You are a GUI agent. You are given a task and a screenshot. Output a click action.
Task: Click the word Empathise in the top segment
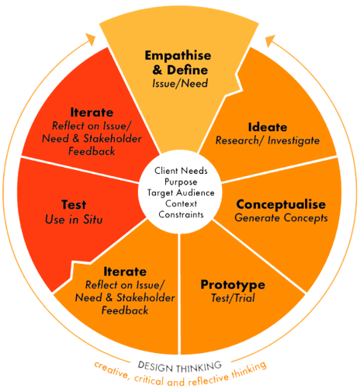178,56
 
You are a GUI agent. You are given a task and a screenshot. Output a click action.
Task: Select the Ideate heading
268,127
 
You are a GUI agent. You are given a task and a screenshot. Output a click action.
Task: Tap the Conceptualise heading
281,205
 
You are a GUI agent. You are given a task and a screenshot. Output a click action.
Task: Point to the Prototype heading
233,285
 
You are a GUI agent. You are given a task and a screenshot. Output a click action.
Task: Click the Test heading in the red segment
74,205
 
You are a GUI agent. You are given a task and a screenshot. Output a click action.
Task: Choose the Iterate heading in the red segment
92,113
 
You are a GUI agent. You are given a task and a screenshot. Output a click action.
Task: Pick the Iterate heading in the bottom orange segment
125,272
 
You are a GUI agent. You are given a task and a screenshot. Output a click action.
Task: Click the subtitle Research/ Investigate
268,140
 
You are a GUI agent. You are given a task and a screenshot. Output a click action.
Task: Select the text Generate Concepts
281,218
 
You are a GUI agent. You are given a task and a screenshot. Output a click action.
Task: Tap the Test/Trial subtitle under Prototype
233,298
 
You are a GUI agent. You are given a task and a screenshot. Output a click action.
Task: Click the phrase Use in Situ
74,220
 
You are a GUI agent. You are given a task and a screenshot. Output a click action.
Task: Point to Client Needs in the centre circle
181,171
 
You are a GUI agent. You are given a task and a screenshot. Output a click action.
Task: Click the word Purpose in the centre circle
181,182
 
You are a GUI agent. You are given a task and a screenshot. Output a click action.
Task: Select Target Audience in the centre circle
181,193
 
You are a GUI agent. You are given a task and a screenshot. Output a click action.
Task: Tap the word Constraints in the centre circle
181,215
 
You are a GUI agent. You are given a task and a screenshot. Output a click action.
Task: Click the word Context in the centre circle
181,204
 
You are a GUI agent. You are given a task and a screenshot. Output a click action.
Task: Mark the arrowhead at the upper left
91,40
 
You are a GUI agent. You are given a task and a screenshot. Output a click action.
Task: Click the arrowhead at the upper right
270,40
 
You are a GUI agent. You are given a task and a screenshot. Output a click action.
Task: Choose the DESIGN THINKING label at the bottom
180,367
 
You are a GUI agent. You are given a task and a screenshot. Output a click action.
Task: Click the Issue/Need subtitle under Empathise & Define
180,84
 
